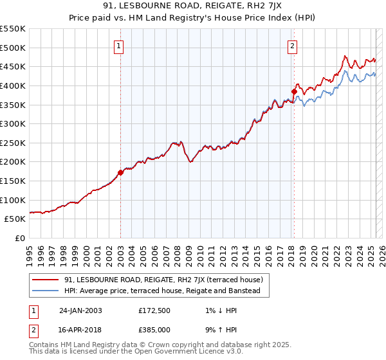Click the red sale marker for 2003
click(x=120, y=172)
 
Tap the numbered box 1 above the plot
click(x=120, y=46)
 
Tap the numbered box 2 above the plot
click(x=293, y=46)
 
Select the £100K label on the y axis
click(x=13, y=200)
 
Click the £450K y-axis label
click(x=13, y=66)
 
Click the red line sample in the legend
click(x=46, y=280)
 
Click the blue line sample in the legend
click(x=46, y=291)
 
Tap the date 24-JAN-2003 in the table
click(x=80, y=310)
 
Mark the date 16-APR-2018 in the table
click(x=80, y=328)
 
